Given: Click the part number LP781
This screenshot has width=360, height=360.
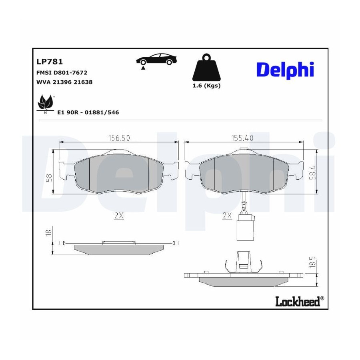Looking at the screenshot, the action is [x=50, y=62].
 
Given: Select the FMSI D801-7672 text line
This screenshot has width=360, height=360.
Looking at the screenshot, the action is [x=62, y=72].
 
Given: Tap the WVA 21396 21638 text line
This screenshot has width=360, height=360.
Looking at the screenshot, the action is [x=64, y=82].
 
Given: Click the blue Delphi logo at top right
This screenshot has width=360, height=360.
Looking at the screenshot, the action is [x=285, y=70].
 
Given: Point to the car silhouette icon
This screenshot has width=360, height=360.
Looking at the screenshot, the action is [x=156, y=60].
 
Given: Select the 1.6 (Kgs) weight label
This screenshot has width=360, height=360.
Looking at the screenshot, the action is [x=206, y=86].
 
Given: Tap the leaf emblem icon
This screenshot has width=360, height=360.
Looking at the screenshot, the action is [x=45, y=104].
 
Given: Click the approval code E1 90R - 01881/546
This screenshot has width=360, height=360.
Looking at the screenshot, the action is [x=88, y=112].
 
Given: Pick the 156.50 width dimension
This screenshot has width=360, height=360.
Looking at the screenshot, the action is [x=119, y=138].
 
